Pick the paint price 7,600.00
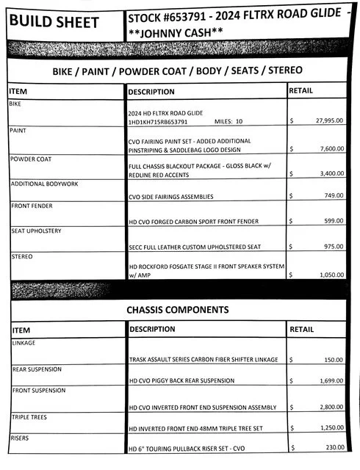tap(329, 148)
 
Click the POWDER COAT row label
tap(31, 159)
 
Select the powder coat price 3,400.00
tap(329, 175)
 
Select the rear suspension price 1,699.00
tap(329, 382)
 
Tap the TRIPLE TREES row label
tap(29, 416)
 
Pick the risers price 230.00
tap(332, 447)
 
